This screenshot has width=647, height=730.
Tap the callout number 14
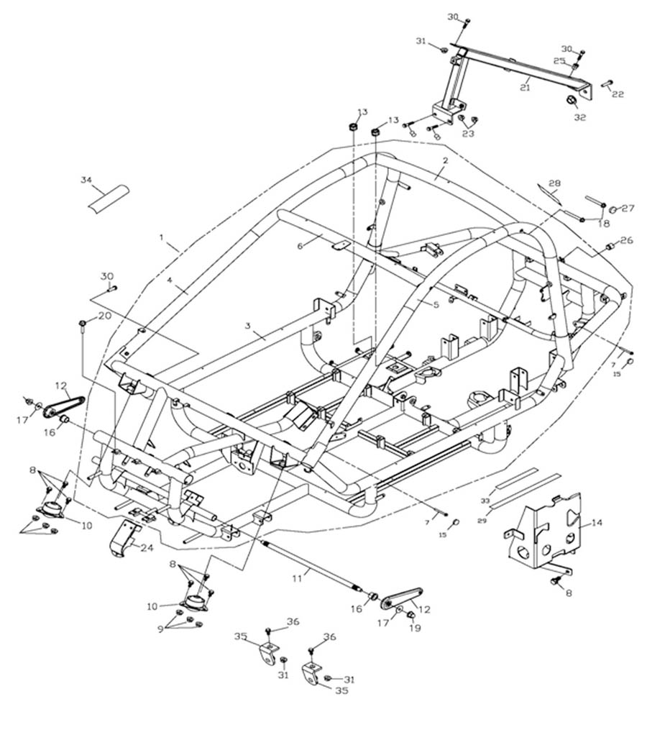point(597,524)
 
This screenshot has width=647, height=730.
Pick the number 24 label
point(148,547)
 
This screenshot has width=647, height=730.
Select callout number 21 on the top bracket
point(525,88)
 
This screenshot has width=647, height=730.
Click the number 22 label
point(618,94)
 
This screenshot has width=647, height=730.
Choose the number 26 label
point(627,240)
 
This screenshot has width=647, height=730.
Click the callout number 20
point(104,316)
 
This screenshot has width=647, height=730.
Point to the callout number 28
point(554,183)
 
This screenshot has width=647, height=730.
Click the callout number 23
point(467,133)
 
